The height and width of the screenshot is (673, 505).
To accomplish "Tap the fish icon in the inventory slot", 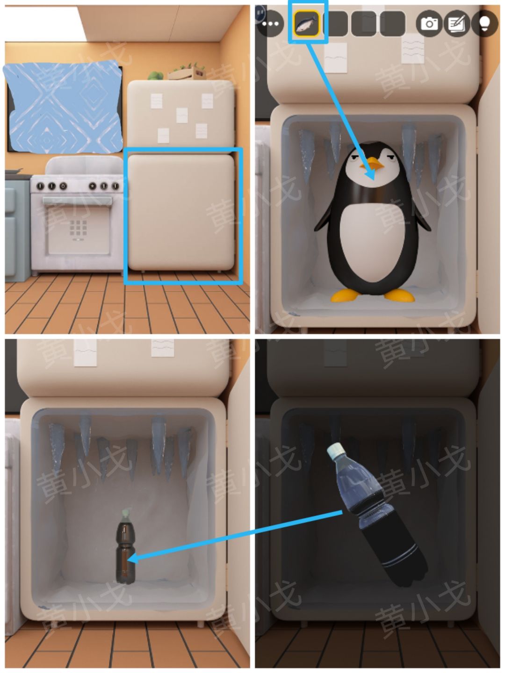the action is click(307, 23).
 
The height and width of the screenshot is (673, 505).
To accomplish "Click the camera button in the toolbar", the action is click(429, 23).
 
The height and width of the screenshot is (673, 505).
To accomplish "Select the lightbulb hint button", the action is click(485, 23).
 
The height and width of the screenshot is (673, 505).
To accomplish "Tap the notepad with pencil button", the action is click(457, 23).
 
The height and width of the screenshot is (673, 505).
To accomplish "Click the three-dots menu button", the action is click(270, 24).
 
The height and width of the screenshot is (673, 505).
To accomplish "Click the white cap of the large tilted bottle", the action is click(336, 451).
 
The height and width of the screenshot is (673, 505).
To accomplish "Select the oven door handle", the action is click(77, 201).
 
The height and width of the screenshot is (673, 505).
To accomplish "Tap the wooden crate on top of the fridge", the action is click(186, 73).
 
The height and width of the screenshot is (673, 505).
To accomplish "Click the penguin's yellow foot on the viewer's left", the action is click(346, 295).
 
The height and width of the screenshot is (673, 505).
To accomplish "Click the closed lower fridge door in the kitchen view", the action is click(181, 212).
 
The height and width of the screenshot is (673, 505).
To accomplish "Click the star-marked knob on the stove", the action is click(63, 186).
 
